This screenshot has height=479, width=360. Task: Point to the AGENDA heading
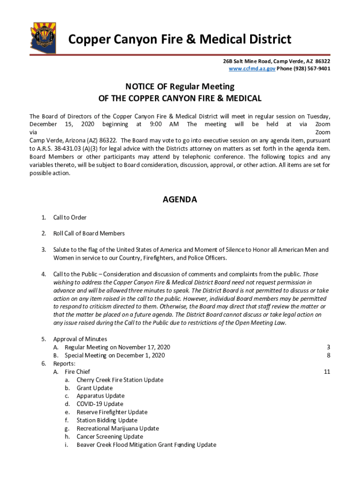180,200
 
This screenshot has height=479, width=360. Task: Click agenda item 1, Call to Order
70,218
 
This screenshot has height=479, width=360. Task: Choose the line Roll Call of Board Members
89,233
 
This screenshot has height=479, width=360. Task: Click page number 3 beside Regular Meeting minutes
328,347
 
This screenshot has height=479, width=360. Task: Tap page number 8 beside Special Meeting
328,356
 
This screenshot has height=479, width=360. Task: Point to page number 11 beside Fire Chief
327,372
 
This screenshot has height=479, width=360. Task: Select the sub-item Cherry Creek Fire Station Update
120,380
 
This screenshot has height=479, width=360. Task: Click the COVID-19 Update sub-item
100,404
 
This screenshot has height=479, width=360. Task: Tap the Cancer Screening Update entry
109,436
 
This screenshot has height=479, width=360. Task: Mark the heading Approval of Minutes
80,339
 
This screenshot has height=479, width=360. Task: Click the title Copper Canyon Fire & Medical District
180,39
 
